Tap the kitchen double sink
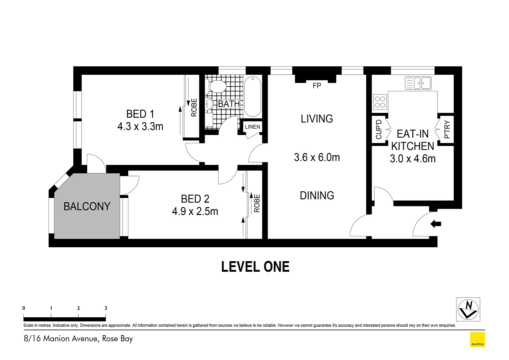pos(418,83)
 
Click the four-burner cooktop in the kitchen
pos(380,102)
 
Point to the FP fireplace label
pos(317,86)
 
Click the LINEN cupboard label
pos(253,127)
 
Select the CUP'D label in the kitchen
pos(379,129)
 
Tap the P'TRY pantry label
pos(447,129)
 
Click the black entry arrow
pos(436,224)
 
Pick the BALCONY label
pos(87,207)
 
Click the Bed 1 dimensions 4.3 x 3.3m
pos(140,127)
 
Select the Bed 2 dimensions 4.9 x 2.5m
pos(195,211)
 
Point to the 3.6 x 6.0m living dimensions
pos(317,157)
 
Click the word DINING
pos(317,196)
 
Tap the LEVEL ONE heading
pos(255,267)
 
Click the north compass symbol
pos(468,309)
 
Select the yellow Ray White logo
pos(477,340)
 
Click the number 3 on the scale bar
pos(106,308)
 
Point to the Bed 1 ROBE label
pos(194,107)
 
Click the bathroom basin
pos(209,104)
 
